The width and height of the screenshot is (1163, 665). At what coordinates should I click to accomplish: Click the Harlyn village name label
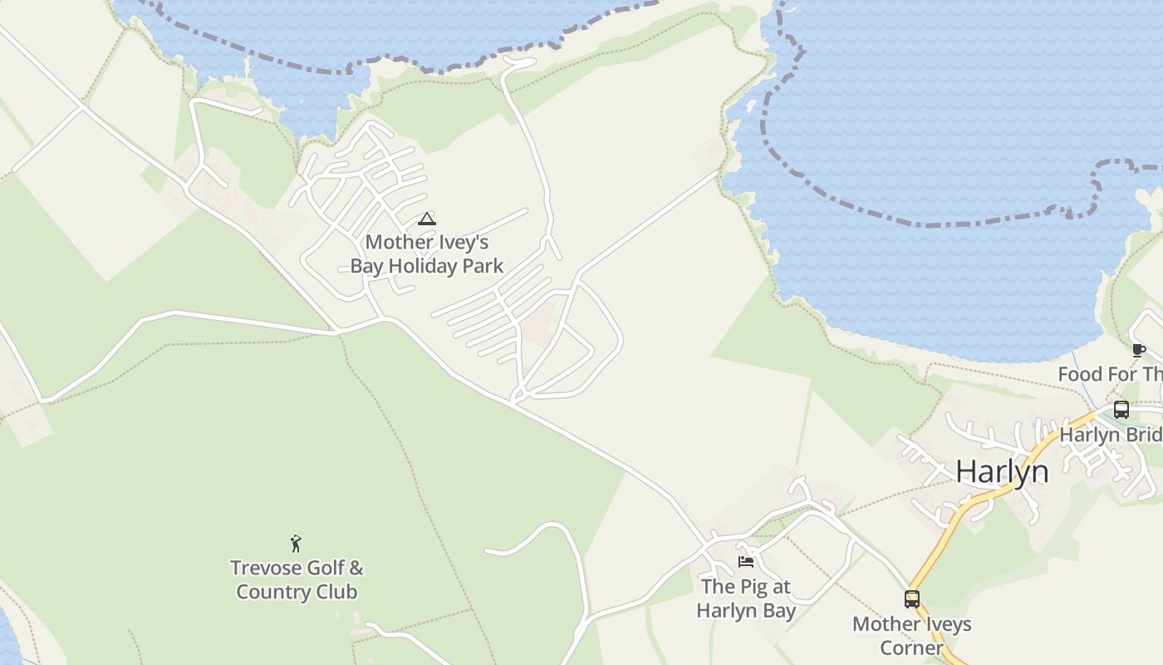tap(1002, 471)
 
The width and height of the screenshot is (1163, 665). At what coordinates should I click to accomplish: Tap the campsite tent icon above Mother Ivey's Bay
tap(427, 219)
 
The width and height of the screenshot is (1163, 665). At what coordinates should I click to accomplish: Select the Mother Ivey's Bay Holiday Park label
tap(427, 254)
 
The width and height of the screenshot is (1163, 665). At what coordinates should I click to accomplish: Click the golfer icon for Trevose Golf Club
tap(296, 544)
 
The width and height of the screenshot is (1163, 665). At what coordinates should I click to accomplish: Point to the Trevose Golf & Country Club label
tap(297, 580)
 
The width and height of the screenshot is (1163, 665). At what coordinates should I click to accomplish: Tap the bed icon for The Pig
tap(746, 562)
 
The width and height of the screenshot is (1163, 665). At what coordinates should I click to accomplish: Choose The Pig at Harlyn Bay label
tap(746, 598)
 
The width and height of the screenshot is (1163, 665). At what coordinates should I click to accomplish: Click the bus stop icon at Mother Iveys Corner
tap(912, 599)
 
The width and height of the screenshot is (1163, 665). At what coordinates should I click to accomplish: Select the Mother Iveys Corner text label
tap(911, 636)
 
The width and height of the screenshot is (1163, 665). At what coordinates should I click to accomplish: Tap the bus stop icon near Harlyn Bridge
tap(1121, 410)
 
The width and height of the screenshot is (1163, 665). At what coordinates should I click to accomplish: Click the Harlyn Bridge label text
tap(1110, 435)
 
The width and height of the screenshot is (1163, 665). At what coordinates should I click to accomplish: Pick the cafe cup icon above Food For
tap(1138, 350)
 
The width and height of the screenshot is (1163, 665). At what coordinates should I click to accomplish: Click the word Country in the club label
tap(272, 593)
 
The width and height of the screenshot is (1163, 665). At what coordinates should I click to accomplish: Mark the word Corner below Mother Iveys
tap(911, 648)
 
